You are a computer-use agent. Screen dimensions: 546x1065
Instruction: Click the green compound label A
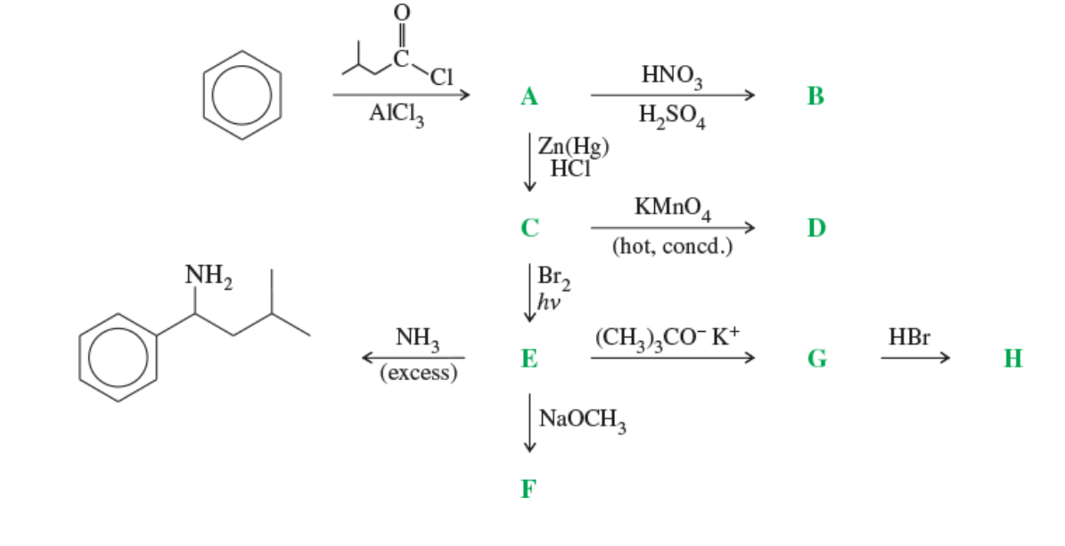click(529, 96)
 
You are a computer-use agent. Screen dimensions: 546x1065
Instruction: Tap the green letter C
click(529, 228)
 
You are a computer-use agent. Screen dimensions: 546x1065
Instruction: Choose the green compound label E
click(529, 359)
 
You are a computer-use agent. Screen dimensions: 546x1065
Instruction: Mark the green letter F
click(529, 488)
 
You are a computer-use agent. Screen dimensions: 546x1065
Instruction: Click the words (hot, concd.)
click(672, 247)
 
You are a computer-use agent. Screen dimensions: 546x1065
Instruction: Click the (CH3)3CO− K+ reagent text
click(668, 338)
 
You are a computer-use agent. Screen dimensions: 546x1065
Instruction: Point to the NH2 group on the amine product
click(207, 276)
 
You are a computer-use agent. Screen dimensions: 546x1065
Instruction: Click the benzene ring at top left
click(242, 93)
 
